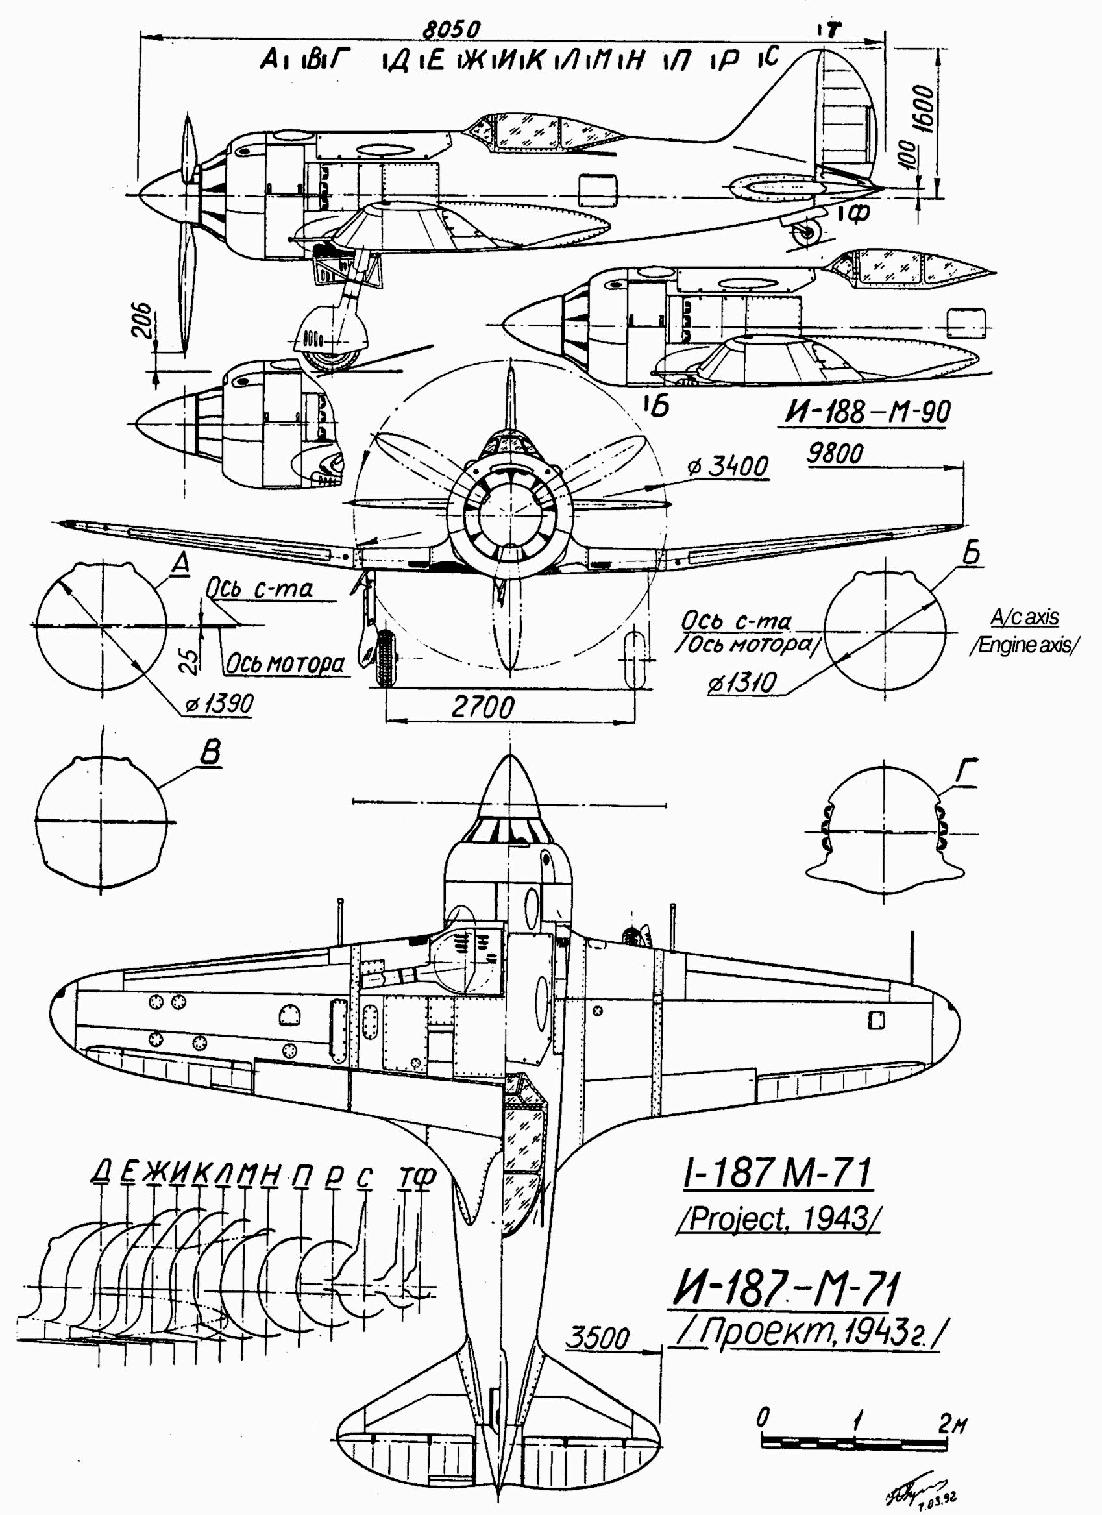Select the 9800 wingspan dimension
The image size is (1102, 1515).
[x=835, y=454]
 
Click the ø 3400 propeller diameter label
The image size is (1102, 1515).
[x=728, y=466]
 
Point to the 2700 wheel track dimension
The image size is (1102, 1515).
[x=483, y=707]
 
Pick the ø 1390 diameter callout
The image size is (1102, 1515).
[x=221, y=704]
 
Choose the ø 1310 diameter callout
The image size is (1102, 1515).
[x=742, y=684]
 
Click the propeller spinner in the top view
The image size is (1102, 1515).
[x=509, y=787]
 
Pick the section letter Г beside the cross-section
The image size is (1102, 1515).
[x=966, y=772]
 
